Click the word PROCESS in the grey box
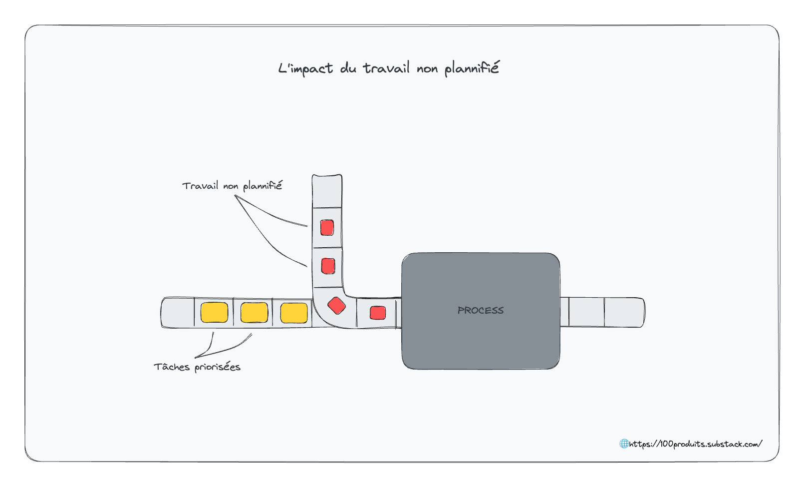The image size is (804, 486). pos(480,310)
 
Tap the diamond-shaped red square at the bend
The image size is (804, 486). pos(336,306)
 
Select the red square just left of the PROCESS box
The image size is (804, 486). pos(378,313)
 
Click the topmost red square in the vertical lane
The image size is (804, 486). pos(327,228)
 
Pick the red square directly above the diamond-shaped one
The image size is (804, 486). pos(328,266)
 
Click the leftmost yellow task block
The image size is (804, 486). pos(214,312)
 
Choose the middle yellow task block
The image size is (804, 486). pos(254,312)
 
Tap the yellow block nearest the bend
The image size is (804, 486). pos(294,313)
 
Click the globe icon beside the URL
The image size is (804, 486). pos(624,444)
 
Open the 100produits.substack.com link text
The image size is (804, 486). pos(695,444)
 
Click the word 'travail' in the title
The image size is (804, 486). pos(386,68)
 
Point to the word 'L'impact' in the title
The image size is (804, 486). pos(305,68)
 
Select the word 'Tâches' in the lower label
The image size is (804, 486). pos(172,367)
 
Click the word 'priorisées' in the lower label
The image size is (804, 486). pos(218,367)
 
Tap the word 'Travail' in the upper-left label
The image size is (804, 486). pos(200,186)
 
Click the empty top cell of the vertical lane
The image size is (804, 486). pos(326,191)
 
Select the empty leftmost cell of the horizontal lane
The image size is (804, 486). pos(178,312)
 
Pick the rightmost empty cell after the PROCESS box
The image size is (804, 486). pos(624,312)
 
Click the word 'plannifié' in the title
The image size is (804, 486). pos(472,68)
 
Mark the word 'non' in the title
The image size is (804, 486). pos(427,69)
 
